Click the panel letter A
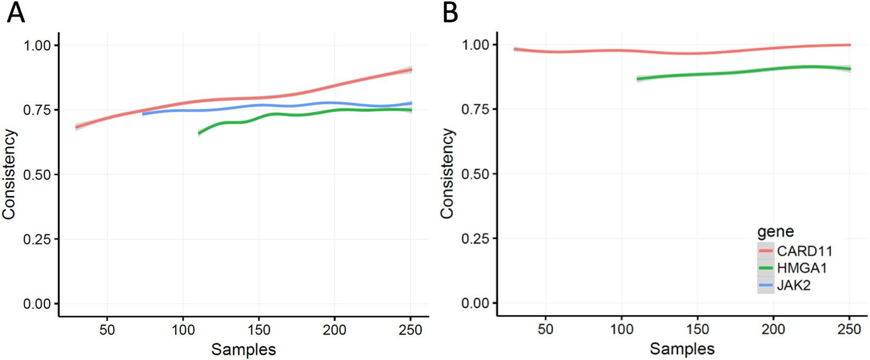(16, 13)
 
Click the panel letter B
(450, 13)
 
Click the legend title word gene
(775, 232)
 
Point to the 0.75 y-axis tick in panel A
(37, 110)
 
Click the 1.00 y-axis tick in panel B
(476, 45)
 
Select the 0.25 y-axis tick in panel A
(37, 239)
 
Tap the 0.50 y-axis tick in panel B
(476, 174)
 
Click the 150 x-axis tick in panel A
(259, 330)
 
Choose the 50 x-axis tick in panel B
(546, 329)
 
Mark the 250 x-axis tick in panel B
(849, 329)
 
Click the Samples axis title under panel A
(243, 349)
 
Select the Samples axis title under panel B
(682, 348)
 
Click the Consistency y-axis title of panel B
(447, 174)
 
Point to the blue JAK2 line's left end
(143, 114)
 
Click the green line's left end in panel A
(199, 133)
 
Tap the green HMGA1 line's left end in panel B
(638, 79)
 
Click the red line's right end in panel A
(411, 70)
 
